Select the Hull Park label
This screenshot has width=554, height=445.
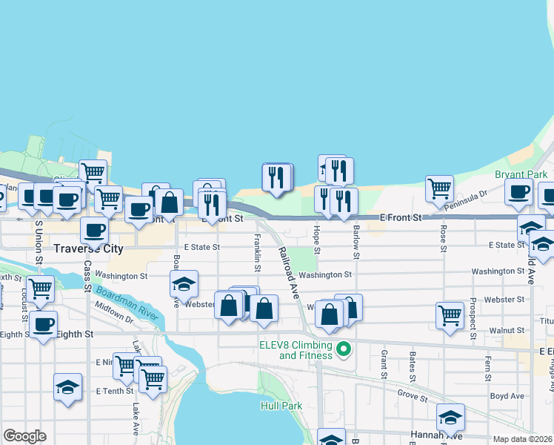(x=282, y=406)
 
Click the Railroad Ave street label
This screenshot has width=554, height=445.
(x=288, y=274)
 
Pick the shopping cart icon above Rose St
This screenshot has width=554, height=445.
(x=439, y=188)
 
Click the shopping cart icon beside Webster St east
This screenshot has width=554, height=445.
(x=450, y=314)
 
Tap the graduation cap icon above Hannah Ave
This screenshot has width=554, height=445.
(x=450, y=417)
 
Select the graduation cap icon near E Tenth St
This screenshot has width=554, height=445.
(x=67, y=386)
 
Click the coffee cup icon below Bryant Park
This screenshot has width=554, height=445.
(x=518, y=191)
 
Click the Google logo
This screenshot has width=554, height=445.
(x=24, y=436)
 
